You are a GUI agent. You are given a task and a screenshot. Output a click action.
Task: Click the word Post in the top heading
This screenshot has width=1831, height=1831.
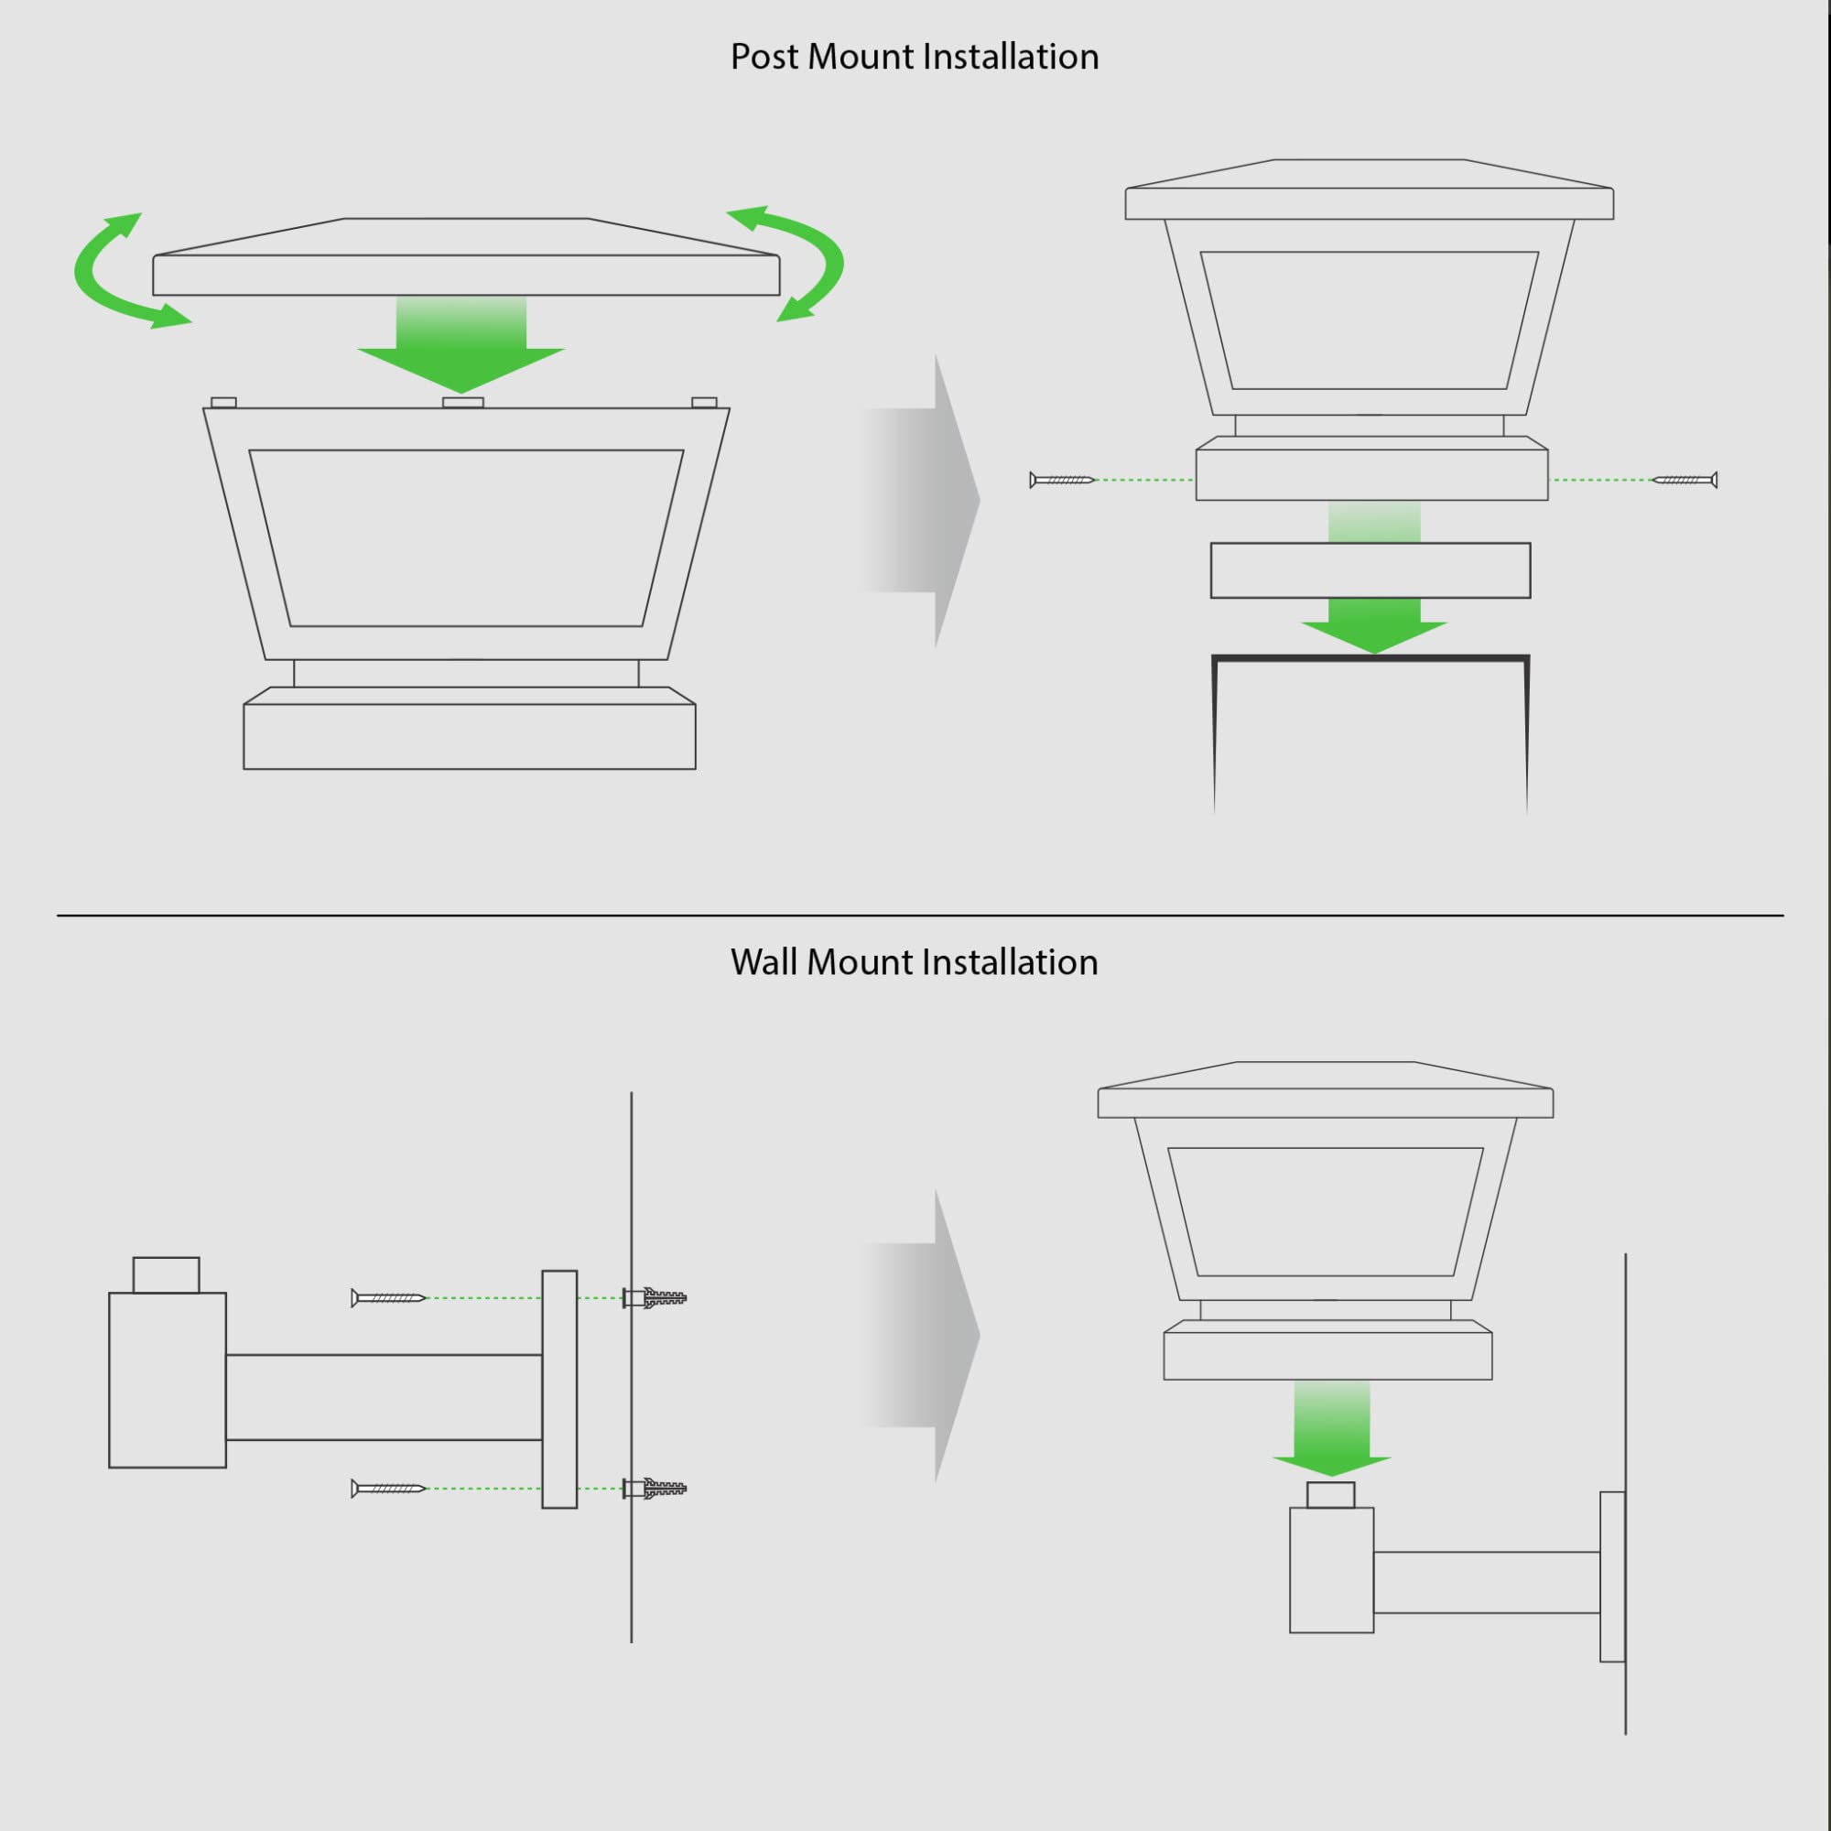pos(764,57)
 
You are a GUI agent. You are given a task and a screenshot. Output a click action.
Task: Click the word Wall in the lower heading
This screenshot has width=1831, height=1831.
pos(764,962)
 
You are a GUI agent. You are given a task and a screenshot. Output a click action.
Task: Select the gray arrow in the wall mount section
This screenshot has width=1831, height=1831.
pos(918,1336)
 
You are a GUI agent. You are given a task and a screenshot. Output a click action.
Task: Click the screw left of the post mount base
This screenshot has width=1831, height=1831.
pos(1062,481)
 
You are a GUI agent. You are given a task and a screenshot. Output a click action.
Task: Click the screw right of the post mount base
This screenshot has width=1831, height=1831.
pos(1685,481)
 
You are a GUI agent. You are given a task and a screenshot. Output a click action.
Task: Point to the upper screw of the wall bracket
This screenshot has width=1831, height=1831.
pos(388,1297)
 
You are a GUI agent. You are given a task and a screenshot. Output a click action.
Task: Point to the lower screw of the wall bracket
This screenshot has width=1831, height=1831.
pos(388,1489)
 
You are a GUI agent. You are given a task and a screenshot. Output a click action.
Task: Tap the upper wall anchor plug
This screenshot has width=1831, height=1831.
pos(655,1297)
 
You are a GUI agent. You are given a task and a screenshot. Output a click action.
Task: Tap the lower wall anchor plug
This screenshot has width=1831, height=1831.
pos(655,1489)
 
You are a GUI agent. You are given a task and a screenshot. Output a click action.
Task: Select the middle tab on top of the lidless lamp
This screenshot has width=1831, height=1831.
pos(463,403)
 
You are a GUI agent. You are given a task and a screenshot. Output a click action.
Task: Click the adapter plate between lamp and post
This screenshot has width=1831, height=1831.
pos(1371,570)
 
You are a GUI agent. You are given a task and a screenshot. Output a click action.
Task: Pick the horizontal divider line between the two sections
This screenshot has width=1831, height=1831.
pos(920,915)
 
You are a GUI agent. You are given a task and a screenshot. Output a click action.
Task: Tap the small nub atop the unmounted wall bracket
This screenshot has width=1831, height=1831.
pos(166,1274)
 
